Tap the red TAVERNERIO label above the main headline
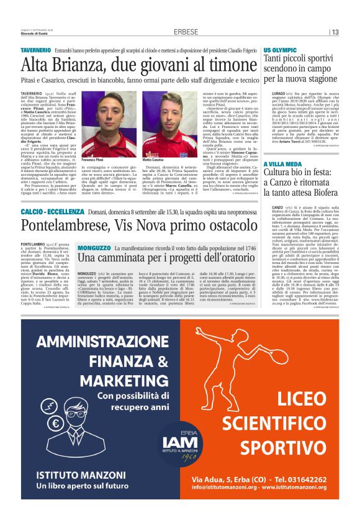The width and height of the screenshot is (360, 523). [x=35, y=48]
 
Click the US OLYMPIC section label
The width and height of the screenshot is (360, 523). [x=280, y=48]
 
